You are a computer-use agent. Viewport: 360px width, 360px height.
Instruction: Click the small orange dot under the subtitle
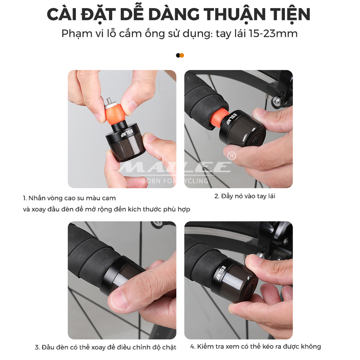pos(182,55)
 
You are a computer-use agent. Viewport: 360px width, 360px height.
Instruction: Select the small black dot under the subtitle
pos(178,55)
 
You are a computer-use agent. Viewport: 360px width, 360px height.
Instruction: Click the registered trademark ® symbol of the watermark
pos(232,156)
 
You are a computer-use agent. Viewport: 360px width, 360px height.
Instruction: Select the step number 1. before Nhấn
pos(25,198)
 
